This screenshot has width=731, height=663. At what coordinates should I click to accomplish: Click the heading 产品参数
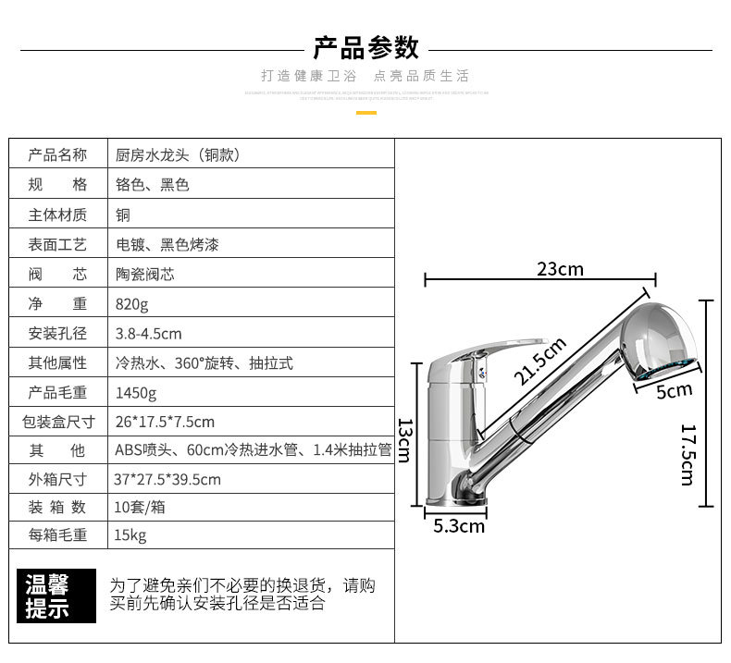point(365,47)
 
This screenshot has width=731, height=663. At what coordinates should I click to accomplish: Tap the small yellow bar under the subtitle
point(366,113)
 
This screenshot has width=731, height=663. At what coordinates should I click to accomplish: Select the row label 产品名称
point(57,154)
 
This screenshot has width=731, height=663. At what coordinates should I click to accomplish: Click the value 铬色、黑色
point(152,185)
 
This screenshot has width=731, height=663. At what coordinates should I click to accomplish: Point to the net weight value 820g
point(132,304)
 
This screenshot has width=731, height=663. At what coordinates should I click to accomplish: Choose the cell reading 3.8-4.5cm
point(148,334)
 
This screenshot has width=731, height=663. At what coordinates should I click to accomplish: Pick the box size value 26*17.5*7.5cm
point(165,423)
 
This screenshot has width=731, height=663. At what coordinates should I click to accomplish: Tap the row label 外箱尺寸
point(57,479)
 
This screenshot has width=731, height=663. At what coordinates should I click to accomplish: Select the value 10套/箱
point(141,508)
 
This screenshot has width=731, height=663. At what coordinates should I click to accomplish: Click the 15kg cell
point(130,535)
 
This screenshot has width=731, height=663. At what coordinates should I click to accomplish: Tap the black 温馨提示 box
point(56,596)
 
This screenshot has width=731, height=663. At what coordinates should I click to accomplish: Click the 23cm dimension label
point(560,269)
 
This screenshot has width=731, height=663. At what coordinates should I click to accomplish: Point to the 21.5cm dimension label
point(540,362)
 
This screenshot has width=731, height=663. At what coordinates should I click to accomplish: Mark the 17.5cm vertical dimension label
point(687,454)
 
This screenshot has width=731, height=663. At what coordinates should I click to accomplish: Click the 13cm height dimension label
point(404,440)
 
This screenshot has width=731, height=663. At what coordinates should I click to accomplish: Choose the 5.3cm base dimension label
point(459,526)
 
